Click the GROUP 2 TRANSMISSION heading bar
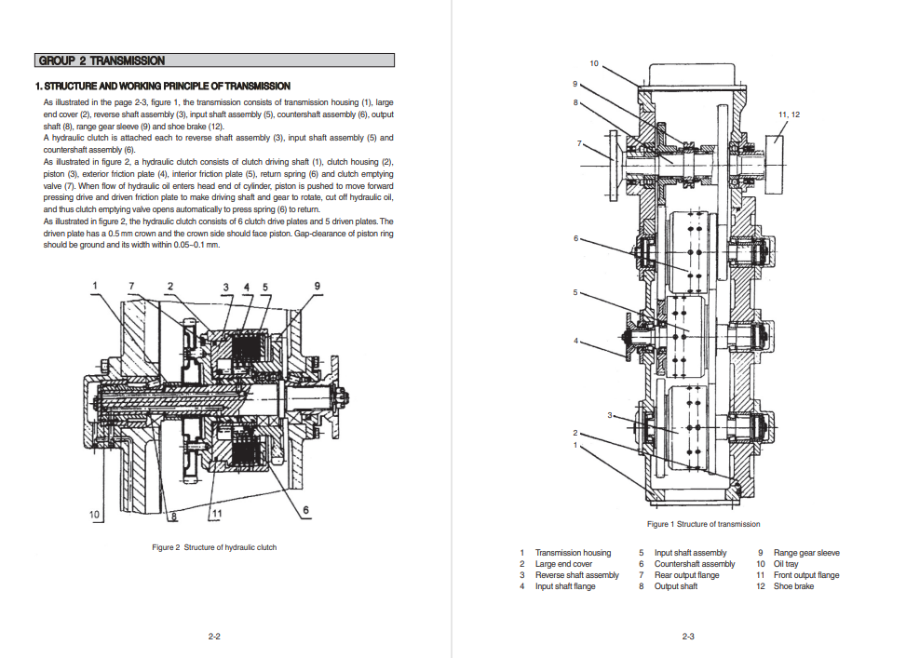[214, 60]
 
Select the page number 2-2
[214, 637]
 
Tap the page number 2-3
[687, 637]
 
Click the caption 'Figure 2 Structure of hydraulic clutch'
[214, 547]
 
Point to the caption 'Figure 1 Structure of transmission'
[703, 524]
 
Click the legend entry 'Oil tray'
[786, 564]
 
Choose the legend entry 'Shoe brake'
[793, 585]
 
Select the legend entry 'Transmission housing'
[573, 553]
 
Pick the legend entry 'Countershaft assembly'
[695, 564]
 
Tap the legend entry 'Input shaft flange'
[565, 585]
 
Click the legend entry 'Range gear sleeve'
[806, 553]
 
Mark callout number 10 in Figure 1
[594, 63]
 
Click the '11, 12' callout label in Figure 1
[789, 114]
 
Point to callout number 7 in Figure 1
[579, 142]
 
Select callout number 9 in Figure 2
[317, 286]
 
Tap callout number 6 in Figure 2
[305, 509]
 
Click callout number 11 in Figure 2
[217, 513]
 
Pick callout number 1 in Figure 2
[95, 286]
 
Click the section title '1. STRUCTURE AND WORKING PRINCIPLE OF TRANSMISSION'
[163, 86]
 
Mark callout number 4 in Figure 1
[575, 341]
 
